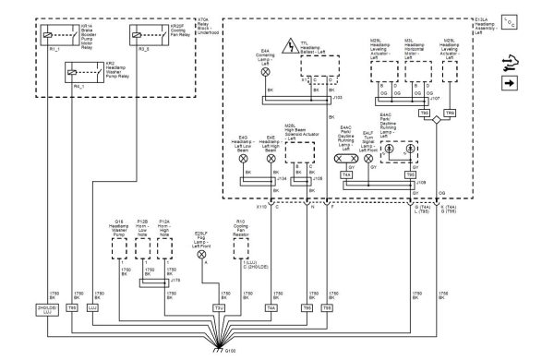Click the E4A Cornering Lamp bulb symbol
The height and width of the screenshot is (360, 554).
pyautogui.click(x=267, y=71)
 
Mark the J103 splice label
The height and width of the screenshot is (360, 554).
pyautogui.click(x=336, y=94)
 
